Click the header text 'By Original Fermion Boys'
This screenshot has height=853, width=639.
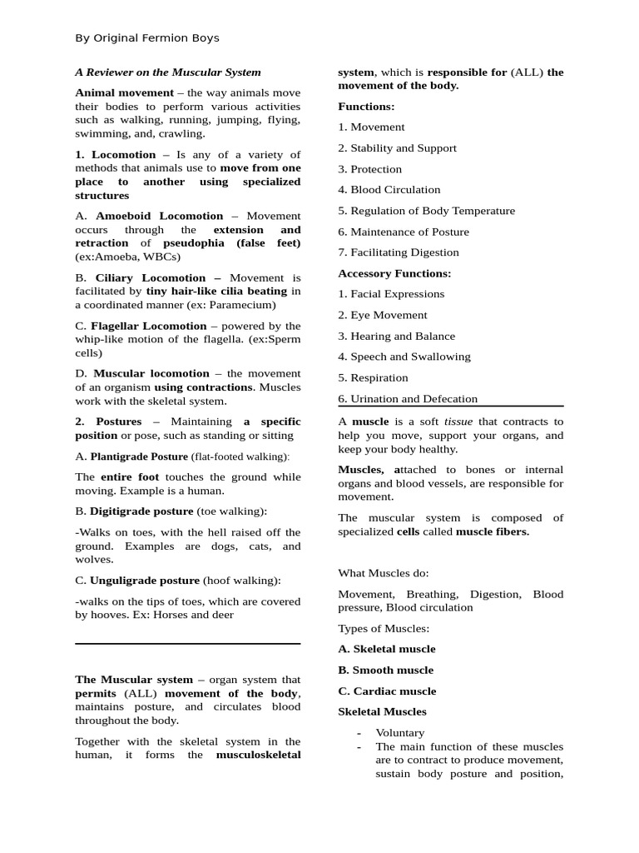coord(147,37)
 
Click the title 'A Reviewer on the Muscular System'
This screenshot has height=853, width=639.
coord(168,72)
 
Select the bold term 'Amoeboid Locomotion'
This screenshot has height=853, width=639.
coord(160,216)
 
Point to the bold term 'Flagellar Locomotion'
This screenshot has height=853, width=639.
coord(149,326)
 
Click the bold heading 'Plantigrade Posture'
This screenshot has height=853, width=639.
coord(139,456)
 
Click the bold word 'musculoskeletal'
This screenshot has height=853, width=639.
coord(258,756)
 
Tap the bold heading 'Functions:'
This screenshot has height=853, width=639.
coord(366,107)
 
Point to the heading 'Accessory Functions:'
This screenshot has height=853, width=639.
coord(394,273)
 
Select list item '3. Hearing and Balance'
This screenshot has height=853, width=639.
coord(397,337)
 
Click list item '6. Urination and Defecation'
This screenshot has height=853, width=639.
coord(408,399)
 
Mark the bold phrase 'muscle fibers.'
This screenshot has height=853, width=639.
coord(493,531)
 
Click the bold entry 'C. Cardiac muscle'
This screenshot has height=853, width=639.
coord(387,691)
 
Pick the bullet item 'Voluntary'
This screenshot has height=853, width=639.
coord(400,733)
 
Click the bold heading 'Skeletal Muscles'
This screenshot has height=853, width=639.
coord(382,712)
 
